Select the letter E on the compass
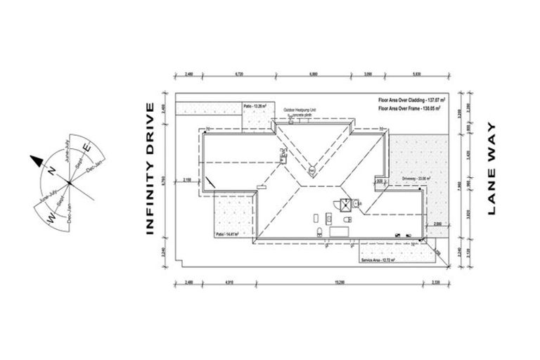[x=86, y=148]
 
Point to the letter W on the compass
[x=51, y=219]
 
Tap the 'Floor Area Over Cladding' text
[x=411, y=101]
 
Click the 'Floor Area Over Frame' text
[x=411, y=110]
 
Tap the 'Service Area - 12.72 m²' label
[x=378, y=260]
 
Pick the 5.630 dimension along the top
[x=416, y=73]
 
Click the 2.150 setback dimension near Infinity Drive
[x=187, y=181]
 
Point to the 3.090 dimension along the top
[x=368, y=73]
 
